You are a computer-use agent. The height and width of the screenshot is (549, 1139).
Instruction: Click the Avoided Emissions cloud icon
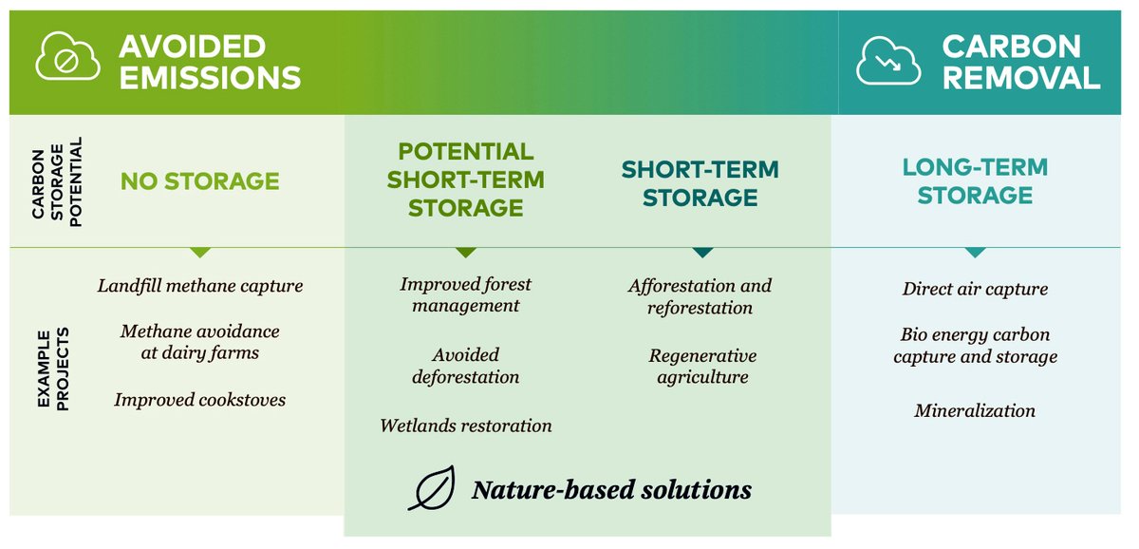(x=67, y=59)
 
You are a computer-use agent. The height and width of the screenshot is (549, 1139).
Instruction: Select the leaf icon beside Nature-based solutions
(x=432, y=489)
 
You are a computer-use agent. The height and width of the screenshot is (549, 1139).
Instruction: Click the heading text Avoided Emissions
(x=209, y=61)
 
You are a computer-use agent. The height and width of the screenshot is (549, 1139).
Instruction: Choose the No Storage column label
(x=199, y=181)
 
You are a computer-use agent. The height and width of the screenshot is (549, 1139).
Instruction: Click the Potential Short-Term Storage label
(x=465, y=180)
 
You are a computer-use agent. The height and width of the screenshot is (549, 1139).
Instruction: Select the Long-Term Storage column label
(x=975, y=181)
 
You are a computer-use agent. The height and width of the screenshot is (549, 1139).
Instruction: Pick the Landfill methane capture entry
(x=199, y=285)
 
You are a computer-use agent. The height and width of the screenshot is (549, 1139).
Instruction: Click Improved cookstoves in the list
(x=199, y=400)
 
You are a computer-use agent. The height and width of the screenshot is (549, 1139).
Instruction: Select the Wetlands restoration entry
(x=465, y=426)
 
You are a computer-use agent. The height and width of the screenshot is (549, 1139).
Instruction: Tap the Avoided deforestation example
(x=465, y=366)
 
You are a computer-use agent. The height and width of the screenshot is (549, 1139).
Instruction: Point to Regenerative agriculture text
(x=701, y=366)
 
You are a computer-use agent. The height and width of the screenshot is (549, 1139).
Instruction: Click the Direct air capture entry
(x=975, y=289)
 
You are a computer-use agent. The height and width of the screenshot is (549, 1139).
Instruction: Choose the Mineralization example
(x=975, y=410)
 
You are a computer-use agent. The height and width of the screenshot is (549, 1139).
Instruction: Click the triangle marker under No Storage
(x=199, y=253)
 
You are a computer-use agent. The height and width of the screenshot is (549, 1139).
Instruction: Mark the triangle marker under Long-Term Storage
(x=975, y=253)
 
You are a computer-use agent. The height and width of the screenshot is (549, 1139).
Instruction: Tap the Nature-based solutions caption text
(x=611, y=490)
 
